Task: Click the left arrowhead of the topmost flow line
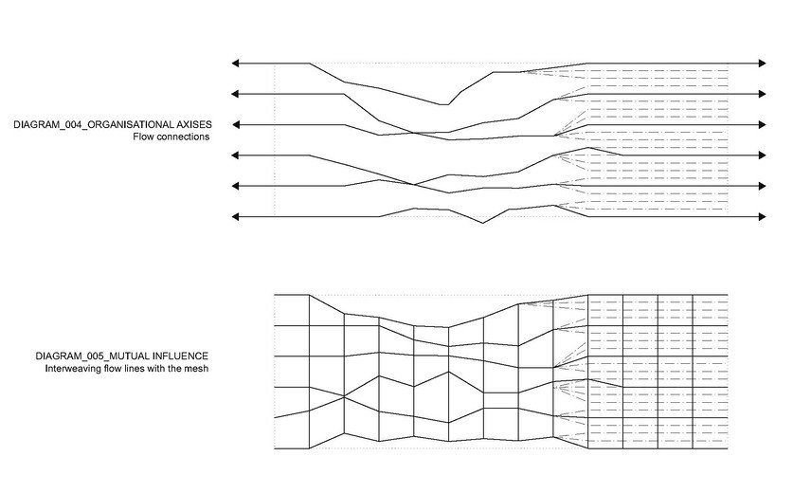tap(235, 64)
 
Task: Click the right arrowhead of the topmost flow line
tap(762, 64)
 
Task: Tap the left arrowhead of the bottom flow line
tap(235, 217)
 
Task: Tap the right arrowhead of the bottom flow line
tap(762, 217)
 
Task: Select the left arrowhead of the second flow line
tap(235, 94)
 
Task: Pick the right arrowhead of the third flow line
tap(762, 125)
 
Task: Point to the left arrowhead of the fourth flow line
tap(235, 155)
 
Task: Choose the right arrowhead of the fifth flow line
tap(762, 186)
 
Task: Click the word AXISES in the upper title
tap(194, 125)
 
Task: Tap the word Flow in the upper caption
tap(143, 137)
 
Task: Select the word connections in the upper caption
tap(183, 137)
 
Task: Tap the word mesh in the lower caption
tap(198, 369)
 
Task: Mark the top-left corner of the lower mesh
tap(275, 295)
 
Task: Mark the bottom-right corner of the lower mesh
tap(728, 448)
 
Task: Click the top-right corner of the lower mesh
tap(728, 295)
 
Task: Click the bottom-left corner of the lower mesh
tap(275, 448)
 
